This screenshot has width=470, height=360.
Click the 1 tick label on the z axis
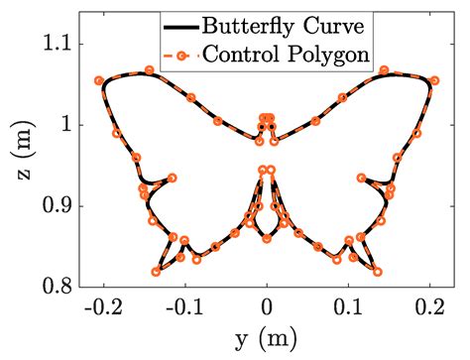(x=69, y=125)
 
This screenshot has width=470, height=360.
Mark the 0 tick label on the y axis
(x=266, y=308)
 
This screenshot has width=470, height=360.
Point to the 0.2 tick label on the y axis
(x=428, y=308)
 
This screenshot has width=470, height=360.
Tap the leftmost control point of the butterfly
(x=98, y=80)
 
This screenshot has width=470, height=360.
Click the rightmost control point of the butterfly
(x=434, y=80)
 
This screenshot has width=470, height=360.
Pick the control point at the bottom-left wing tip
(x=156, y=271)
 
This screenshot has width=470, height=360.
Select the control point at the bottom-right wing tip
(x=377, y=271)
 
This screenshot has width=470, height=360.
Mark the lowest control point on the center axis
(x=266, y=238)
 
